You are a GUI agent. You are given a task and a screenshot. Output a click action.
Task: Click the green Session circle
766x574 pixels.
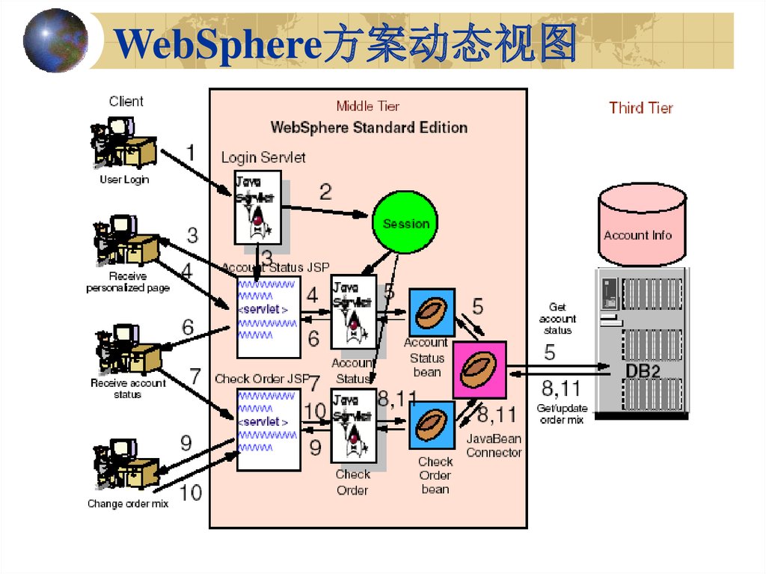405,223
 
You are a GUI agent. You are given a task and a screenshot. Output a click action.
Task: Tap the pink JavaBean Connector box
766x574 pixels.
479,370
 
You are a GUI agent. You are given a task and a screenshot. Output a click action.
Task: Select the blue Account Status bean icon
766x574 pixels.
432,312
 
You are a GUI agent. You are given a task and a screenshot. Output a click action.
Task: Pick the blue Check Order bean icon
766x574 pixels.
432,425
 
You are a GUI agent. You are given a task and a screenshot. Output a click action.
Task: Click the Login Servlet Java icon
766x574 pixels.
258,207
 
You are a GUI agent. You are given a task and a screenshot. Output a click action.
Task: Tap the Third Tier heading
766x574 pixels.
641,108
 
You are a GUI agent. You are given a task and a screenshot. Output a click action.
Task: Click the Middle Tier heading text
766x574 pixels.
368,106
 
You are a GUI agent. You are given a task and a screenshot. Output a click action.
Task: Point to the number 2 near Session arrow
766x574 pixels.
325,192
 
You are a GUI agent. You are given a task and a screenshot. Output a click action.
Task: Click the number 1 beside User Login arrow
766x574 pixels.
191,153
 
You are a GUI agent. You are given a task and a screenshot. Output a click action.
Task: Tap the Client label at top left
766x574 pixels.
126,101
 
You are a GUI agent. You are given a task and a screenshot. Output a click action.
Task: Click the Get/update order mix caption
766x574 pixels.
562,414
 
